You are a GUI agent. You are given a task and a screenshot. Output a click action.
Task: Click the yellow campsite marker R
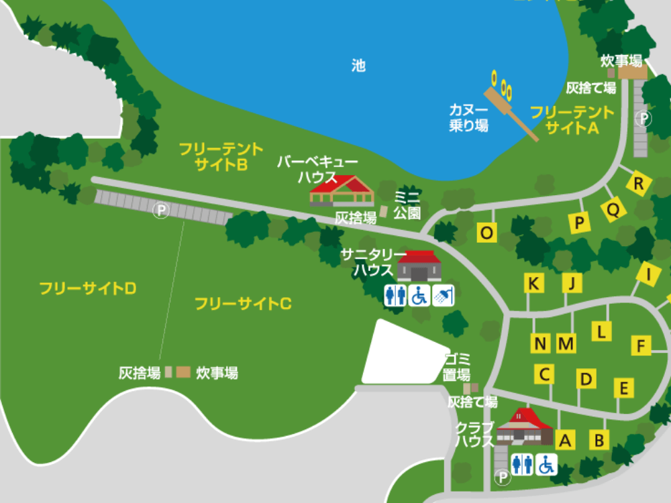(639, 183)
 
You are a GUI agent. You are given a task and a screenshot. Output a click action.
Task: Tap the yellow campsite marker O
(487, 233)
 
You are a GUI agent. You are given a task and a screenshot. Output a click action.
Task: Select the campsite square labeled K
(533, 284)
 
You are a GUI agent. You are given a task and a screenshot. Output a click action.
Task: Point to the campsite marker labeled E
(624, 388)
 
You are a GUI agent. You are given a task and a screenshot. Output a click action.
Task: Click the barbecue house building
(341, 190)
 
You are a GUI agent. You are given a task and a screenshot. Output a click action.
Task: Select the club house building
(524, 427)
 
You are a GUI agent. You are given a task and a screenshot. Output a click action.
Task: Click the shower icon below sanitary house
(444, 295)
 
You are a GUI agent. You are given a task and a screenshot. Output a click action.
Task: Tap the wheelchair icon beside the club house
(546, 464)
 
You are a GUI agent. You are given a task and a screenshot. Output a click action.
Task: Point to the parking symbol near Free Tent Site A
(643, 119)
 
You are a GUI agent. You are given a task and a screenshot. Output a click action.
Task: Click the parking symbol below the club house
(502, 478)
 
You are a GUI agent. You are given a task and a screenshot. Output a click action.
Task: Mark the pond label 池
(358, 66)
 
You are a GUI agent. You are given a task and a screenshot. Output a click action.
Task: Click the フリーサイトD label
(88, 288)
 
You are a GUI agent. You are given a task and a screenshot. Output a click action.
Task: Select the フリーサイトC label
(243, 303)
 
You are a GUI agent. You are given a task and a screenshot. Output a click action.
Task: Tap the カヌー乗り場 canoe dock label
(468, 117)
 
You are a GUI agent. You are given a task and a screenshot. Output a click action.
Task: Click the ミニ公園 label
(407, 205)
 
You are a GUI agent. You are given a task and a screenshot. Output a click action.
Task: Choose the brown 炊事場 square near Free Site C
(183, 372)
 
